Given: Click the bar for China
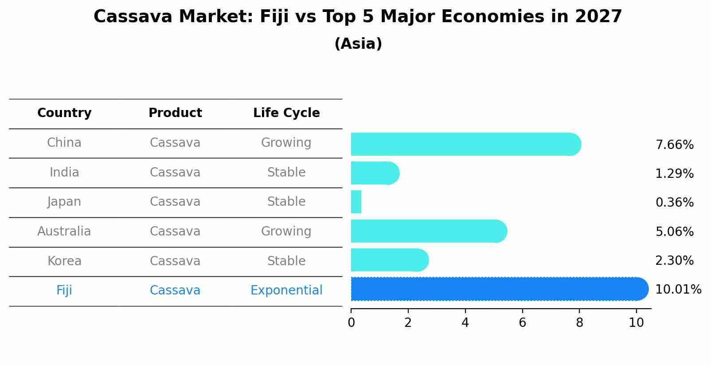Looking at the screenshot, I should pos(465,144).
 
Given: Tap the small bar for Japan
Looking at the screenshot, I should pos(356,202).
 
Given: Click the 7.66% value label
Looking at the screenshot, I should pos(674,145).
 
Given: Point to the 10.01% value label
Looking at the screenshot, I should pos(678,290).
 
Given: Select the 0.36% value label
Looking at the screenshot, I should pos(674,203).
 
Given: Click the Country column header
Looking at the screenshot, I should pos(64,113).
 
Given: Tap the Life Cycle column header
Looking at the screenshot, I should pos(286,113).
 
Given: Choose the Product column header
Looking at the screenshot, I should pos(175,113).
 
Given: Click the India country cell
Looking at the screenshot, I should pos(64,173).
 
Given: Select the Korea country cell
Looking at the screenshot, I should pos(64,261).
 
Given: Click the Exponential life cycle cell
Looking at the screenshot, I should pos(286,290).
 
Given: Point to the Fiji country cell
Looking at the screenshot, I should pos(64,290).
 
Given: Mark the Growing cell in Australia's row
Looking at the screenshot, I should pos(286,232).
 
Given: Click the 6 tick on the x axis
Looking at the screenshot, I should pos(522,323).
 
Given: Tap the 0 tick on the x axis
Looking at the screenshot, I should pos(351,323).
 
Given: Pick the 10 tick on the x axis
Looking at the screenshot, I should pos(636,323).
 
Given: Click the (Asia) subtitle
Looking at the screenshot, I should pos(358,44).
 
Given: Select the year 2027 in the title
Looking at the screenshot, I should pos(598,17).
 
